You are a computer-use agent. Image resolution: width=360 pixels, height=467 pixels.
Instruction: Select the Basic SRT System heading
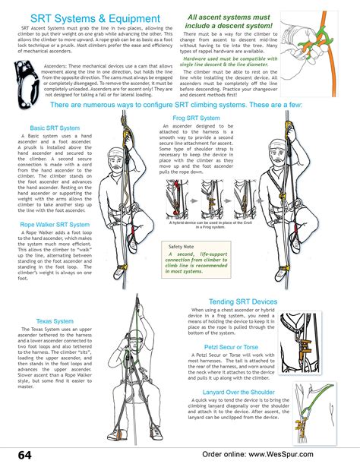point(55,128)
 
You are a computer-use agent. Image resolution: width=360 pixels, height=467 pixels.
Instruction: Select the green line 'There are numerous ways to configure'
point(179,106)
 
